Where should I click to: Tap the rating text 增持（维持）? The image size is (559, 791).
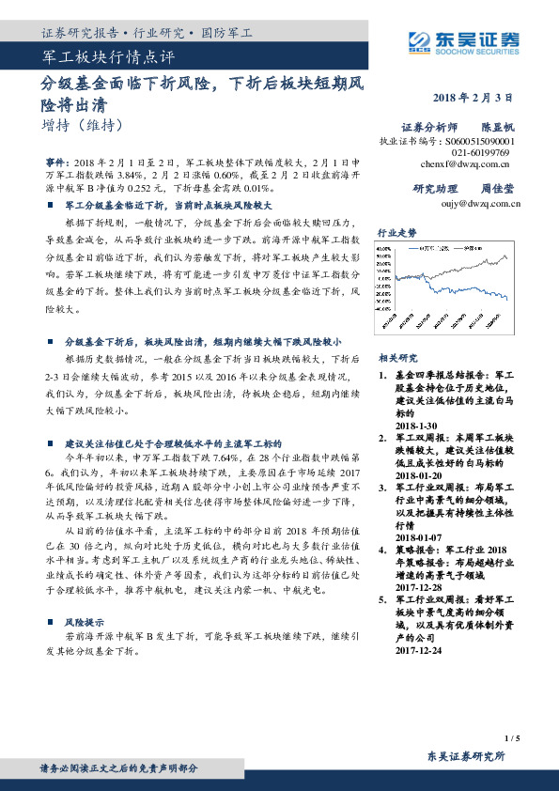coord(83,123)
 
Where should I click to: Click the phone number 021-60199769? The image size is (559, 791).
coord(480,150)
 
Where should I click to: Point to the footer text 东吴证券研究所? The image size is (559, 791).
coord(465,755)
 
